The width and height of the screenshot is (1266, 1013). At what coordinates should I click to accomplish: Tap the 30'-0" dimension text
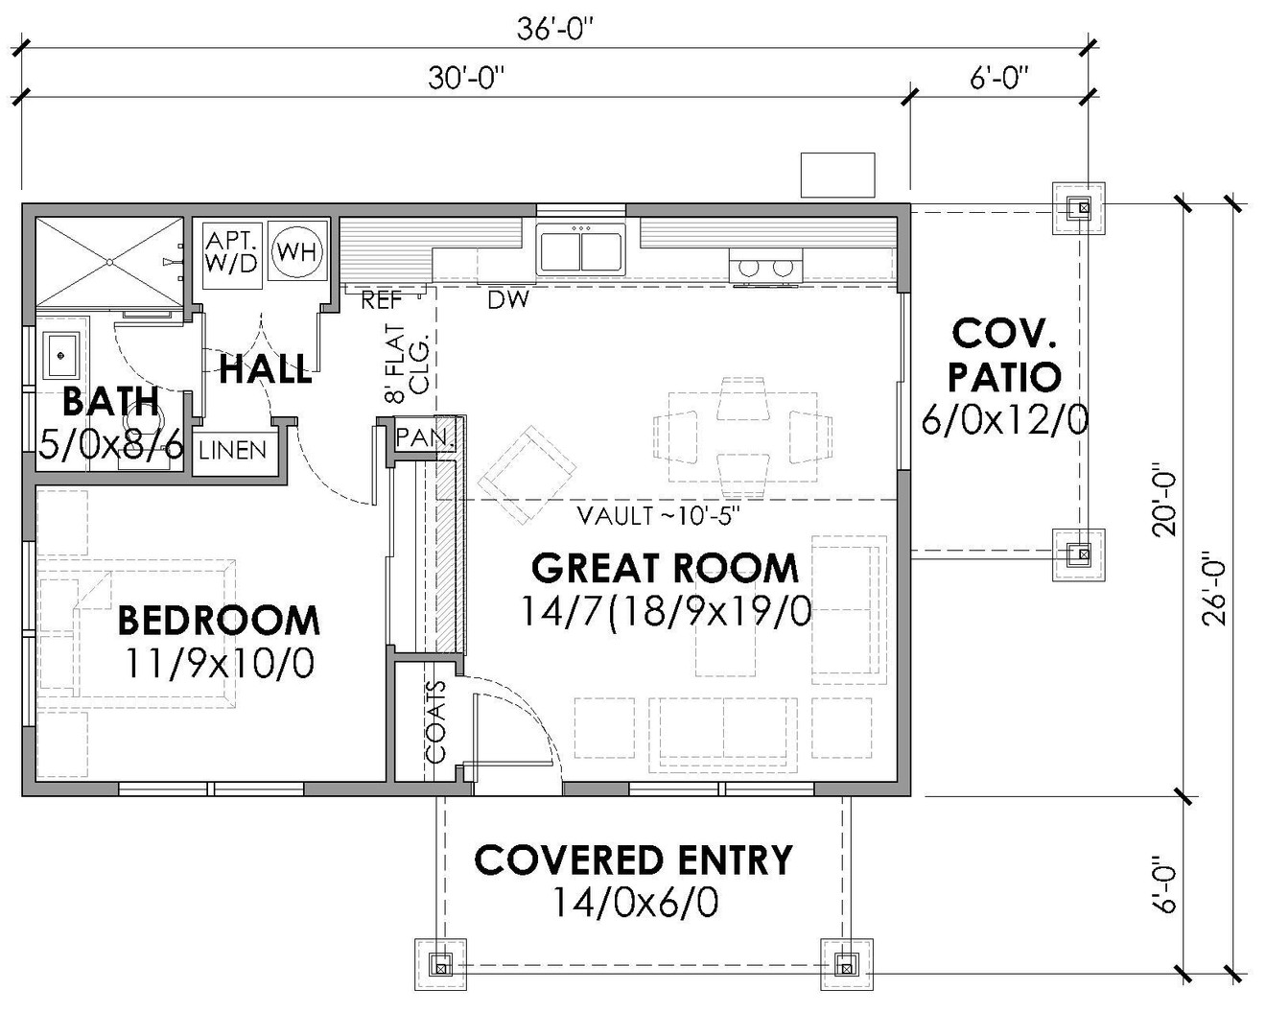coord(466,79)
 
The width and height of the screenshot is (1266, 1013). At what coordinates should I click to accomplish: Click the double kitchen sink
coord(580,249)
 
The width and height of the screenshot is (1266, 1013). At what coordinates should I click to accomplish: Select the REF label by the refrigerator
coord(381,301)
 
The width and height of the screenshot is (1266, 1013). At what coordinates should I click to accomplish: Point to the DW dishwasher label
coord(508,301)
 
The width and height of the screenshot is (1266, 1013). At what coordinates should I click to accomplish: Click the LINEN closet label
coord(233,450)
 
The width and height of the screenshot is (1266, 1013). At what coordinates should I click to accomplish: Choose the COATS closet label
coord(436,721)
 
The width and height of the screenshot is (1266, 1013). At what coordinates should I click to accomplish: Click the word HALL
coord(266,369)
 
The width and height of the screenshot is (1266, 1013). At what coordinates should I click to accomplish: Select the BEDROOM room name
coord(219,621)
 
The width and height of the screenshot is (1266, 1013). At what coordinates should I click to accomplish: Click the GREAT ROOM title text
coord(665,568)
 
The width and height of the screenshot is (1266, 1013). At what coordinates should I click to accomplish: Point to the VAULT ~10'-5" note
coord(658,516)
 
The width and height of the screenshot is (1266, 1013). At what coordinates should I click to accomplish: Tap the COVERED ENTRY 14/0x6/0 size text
coord(635,903)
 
